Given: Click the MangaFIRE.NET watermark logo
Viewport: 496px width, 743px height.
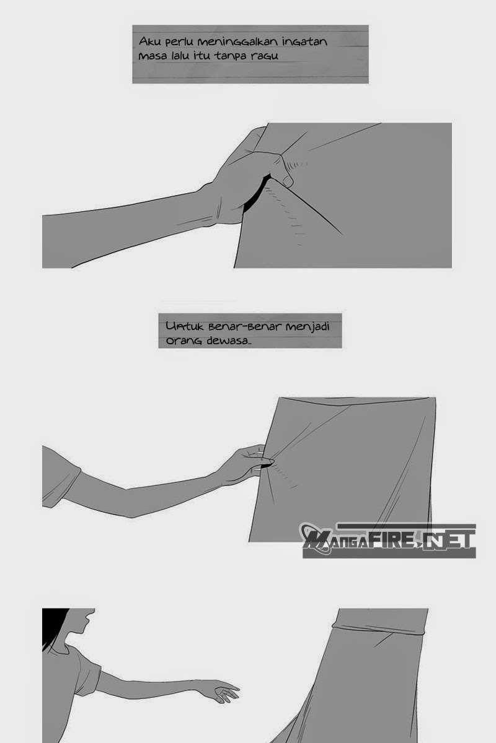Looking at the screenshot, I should coord(388,539).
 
